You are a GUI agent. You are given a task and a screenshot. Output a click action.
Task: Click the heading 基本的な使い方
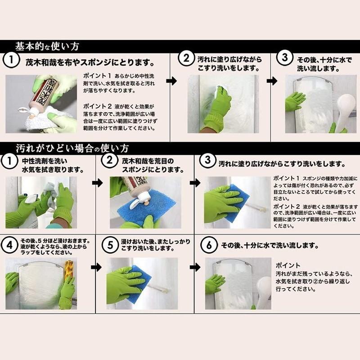47,46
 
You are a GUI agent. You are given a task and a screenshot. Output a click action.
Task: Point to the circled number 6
208,246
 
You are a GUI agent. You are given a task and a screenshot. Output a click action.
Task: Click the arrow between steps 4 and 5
96,267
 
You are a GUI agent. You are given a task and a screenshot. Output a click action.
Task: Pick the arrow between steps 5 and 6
195,267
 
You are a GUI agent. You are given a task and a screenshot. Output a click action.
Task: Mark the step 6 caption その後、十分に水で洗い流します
270,246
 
